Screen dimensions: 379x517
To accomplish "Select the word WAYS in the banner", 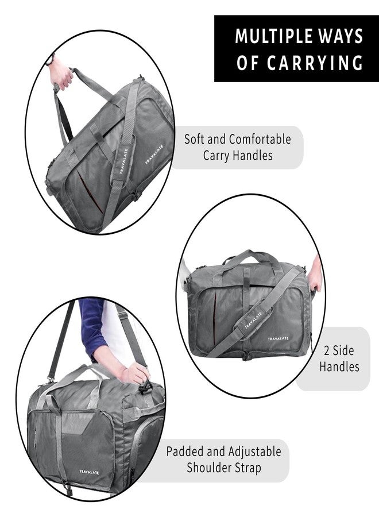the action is coord(342,36).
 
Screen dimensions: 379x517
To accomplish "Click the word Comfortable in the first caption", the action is coord(260,139).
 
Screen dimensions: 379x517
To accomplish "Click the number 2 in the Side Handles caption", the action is coord(327,350).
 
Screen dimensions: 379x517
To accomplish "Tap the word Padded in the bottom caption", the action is coord(184,451).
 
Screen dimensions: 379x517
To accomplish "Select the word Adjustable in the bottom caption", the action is coord(254,452).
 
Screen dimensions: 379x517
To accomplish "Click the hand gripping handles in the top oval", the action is coord(61,74).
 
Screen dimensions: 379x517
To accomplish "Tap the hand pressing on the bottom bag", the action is coord(133,373).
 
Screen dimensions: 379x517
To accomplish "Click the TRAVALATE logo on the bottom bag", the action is coord(88,472).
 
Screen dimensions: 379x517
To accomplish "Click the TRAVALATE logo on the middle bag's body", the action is coord(278,338).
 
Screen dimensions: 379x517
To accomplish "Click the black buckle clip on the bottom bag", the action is coord(145,387).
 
